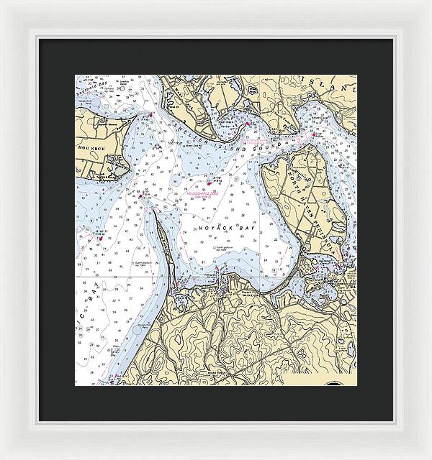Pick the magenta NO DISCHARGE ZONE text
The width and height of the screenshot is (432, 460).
pyautogui.click(x=204, y=193)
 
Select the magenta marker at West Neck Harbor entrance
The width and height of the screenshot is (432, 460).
pyautogui.click(x=247, y=125)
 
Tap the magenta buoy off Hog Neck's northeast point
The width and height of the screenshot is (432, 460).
pyautogui.click(x=151, y=114)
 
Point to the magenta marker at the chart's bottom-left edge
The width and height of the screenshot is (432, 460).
pyautogui.click(x=116, y=375)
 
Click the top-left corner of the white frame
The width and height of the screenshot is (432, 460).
pyautogui.click(x=3, y=3)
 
